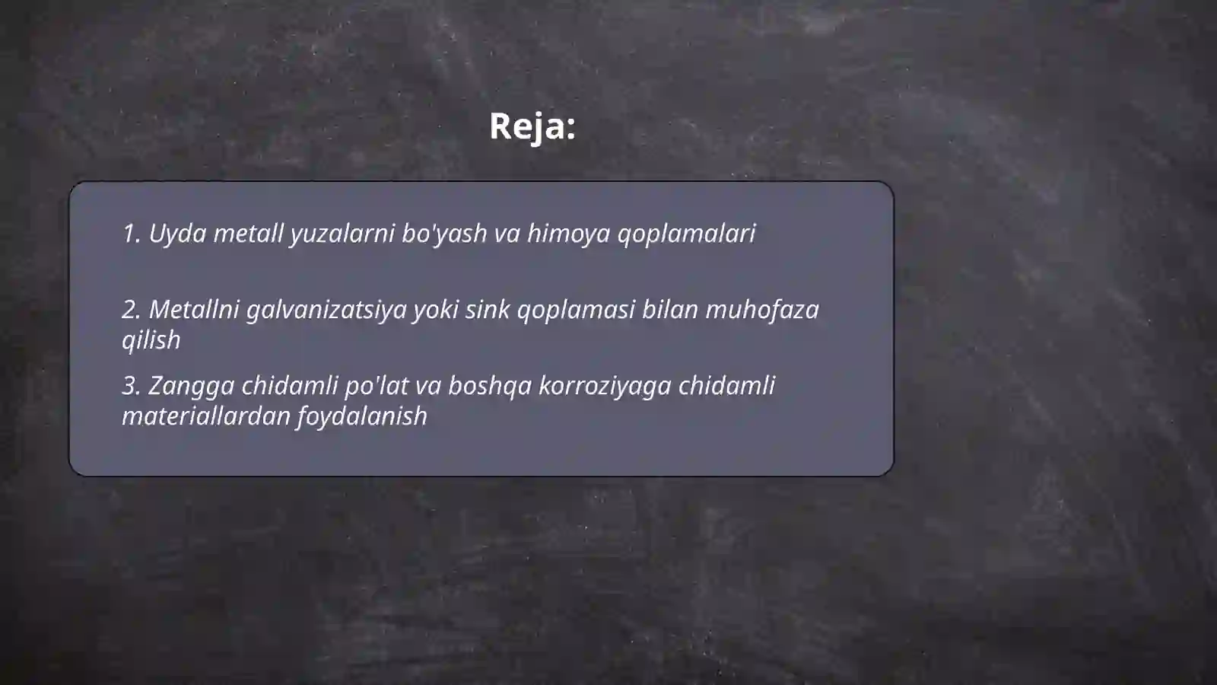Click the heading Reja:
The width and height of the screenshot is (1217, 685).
coord(532,126)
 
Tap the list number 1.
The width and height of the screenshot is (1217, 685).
coord(131,234)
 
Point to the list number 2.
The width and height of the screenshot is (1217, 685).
coord(131,310)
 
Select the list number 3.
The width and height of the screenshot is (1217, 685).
coord(131,386)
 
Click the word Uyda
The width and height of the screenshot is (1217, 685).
coord(177,234)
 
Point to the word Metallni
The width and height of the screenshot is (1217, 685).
coord(194,310)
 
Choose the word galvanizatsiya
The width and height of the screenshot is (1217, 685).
coord(326,310)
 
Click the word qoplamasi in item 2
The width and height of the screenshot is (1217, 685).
coord(576,310)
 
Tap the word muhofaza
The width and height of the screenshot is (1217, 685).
coord(762,310)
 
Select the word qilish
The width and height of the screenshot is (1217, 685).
coord(151,340)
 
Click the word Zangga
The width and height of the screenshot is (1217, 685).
coord(191,386)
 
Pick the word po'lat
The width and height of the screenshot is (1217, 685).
coord(377,386)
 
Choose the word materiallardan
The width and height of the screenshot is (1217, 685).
coord(205,416)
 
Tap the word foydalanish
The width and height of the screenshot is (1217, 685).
coord(362,416)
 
